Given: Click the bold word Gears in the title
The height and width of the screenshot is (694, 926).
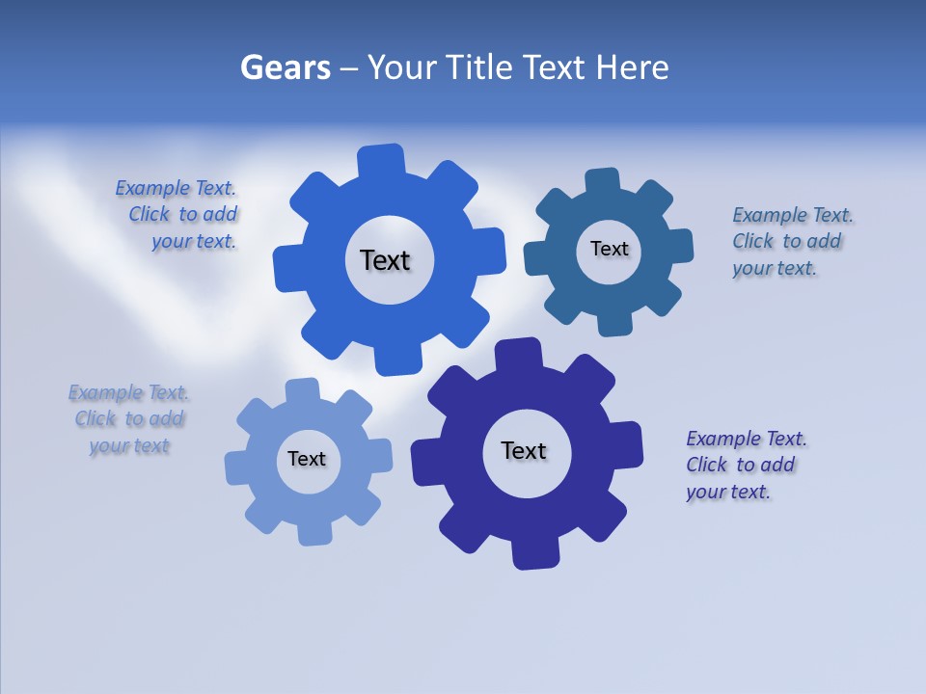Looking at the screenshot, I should pyautogui.click(x=285, y=67).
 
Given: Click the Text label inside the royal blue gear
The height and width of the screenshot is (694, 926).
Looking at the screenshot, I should pyautogui.click(x=385, y=260).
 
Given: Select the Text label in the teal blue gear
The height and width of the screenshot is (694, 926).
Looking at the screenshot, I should pyautogui.click(x=609, y=249).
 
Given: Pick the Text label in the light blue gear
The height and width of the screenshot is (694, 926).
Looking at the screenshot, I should pyautogui.click(x=307, y=459).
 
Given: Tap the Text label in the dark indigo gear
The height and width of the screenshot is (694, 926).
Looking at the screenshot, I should pyautogui.click(x=524, y=450).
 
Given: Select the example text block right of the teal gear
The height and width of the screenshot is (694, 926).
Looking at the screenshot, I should pyautogui.click(x=791, y=241).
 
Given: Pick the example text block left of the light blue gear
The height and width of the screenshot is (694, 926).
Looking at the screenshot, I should pyautogui.click(x=129, y=419).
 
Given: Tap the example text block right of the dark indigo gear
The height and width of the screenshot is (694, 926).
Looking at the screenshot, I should pyautogui.click(x=745, y=465).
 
